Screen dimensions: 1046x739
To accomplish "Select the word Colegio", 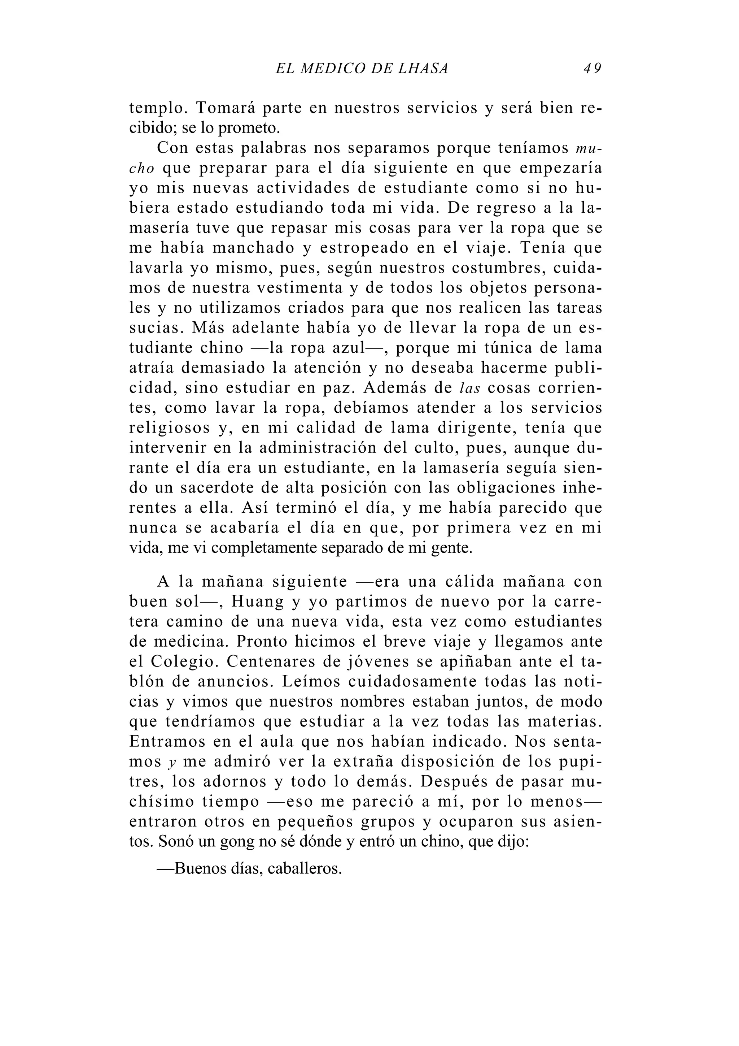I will click(x=184, y=662).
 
